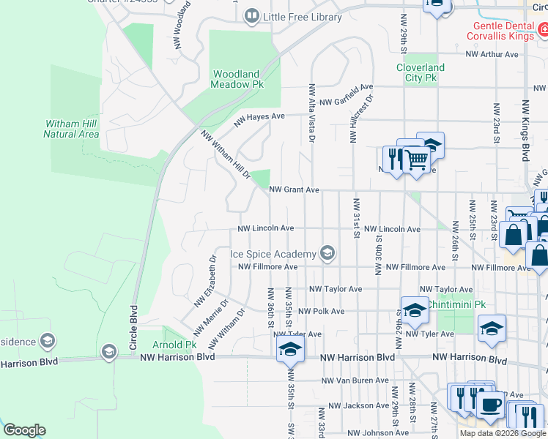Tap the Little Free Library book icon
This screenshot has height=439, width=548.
[252, 15]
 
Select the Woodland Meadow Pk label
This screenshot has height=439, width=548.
[237, 80]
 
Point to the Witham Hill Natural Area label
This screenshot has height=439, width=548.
[71, 129]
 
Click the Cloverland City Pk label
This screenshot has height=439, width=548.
[421, 72]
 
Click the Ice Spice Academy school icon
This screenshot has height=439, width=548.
[327, 254]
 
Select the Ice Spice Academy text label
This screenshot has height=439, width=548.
[273, 255]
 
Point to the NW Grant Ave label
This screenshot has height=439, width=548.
[294, 190]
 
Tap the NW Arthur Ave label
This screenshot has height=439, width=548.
[492, 54]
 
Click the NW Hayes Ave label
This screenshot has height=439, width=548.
[259, 119]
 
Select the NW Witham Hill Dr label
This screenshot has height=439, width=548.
[226, 156]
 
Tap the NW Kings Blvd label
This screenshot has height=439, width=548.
[525, 131]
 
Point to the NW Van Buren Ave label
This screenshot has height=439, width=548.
[355, 380]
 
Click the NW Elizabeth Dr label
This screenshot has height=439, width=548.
[206, 281]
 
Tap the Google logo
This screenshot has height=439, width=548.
[24, 430]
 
